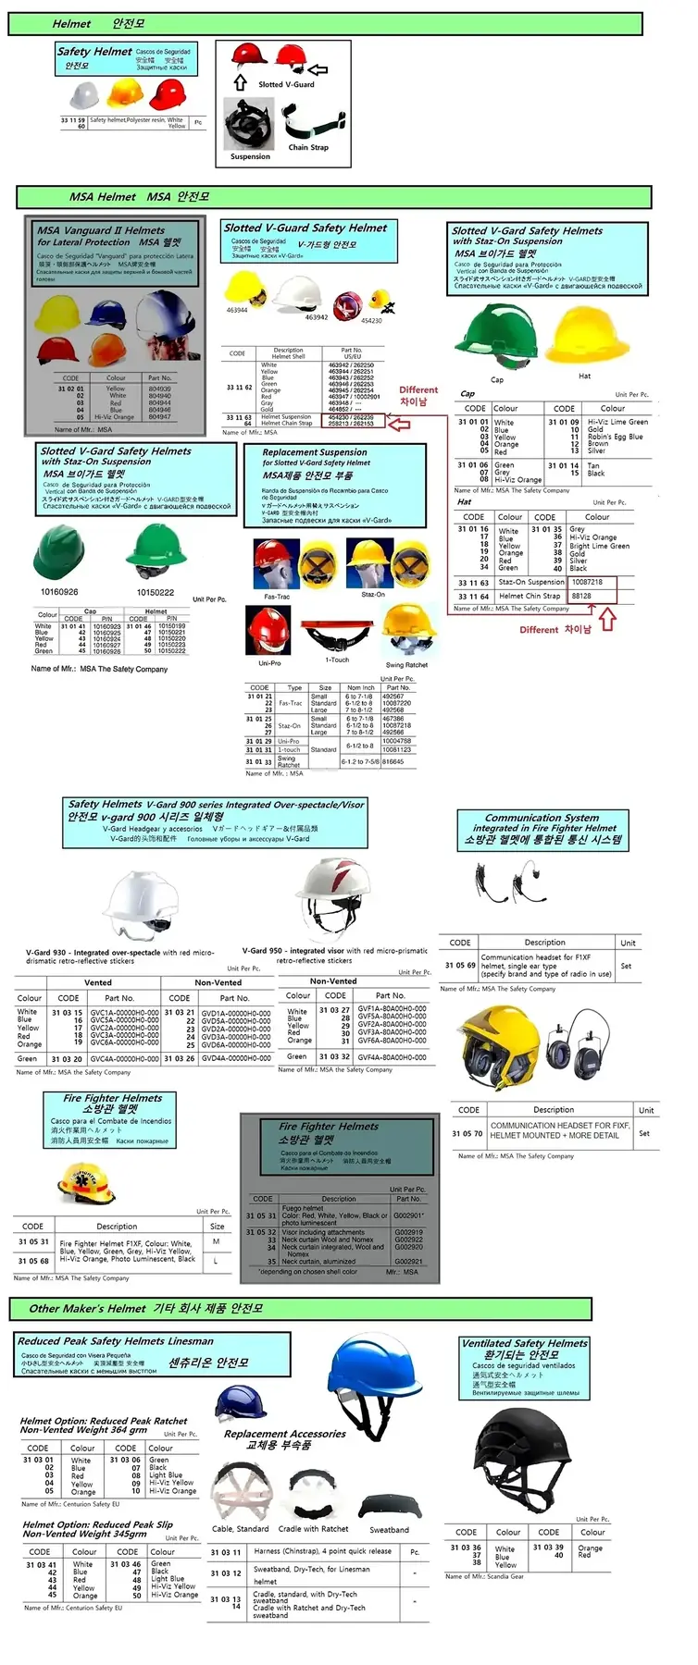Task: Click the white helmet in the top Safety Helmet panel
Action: [84, 94]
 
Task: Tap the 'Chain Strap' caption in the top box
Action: [307, 147]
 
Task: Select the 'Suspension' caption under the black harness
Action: [250, 156]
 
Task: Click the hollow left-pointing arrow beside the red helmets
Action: [318, 69]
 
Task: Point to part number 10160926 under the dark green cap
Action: [59, 592]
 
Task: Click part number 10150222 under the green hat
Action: [156, 592]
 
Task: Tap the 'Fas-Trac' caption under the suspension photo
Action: [277, 597]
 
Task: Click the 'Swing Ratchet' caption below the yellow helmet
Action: [406, 665]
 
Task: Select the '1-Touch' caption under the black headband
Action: [337, 660]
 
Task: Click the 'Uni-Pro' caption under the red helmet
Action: [269, 663]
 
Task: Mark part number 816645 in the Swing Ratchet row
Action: [393, 762]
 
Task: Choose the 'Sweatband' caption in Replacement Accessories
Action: [389, 1530]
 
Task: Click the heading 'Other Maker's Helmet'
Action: [87, 1308]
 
